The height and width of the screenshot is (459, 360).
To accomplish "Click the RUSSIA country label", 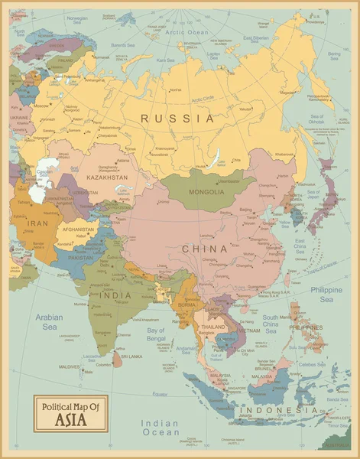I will click(177, 119).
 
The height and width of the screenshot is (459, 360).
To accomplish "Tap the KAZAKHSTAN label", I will click(106, 177).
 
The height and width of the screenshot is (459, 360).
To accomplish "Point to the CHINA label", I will click(204, 249).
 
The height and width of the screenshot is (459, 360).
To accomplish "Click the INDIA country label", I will click(115, 295).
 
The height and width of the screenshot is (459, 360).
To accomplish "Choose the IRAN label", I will click(38, 223).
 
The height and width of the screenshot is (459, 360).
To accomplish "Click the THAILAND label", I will click(213, 327).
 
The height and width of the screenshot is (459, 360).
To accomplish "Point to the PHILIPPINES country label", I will click(304, 327).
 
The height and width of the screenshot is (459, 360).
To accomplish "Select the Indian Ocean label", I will click(161, 428).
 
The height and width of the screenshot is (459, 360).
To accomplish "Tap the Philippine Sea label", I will click(326, 295).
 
